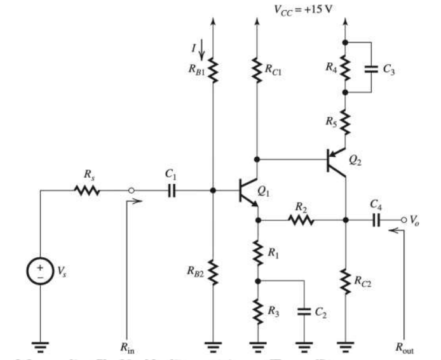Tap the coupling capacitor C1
coord(171,189)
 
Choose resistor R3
coord(257,309)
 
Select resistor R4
coord(345,68)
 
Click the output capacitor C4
coord(376,220)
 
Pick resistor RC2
coord(345,279)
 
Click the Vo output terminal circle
coord(402,220)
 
